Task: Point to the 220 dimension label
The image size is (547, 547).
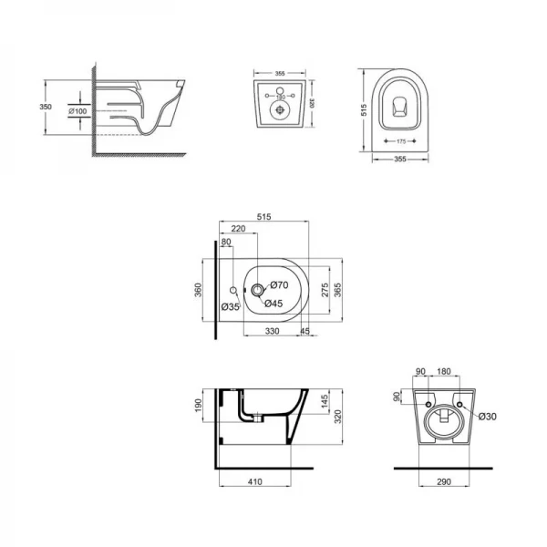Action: coord(238,229)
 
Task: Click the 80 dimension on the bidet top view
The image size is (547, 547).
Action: coord(225,243)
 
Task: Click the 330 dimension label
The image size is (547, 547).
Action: coord(272,331)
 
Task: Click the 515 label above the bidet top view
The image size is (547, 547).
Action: coord(265,217)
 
